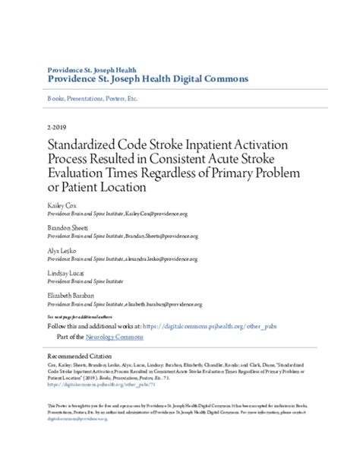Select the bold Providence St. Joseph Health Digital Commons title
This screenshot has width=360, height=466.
(148, 78)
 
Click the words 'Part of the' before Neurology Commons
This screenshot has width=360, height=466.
(73, 336)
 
